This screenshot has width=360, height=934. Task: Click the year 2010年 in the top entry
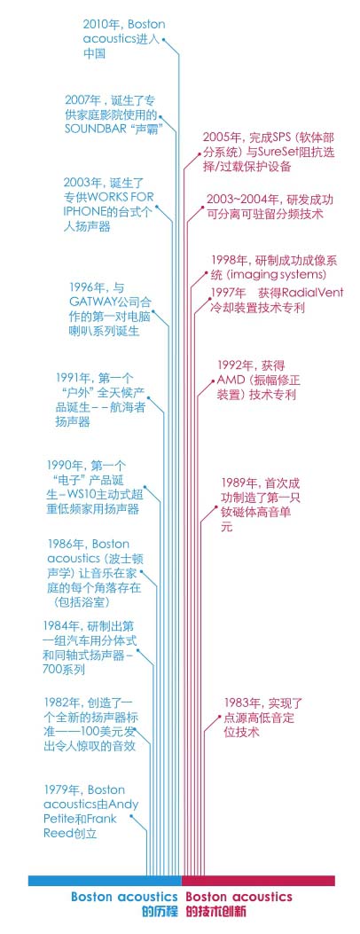coord(98,25)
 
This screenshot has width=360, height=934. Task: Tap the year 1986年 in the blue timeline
coord(62,544)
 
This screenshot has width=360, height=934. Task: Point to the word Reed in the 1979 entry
coord(57,834)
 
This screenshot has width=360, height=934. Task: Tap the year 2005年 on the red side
coord(218,137)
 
